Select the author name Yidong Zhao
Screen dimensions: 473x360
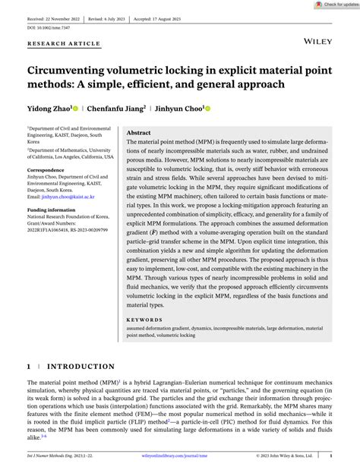coord(51,108)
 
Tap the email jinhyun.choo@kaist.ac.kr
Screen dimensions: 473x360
coord(61,197)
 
